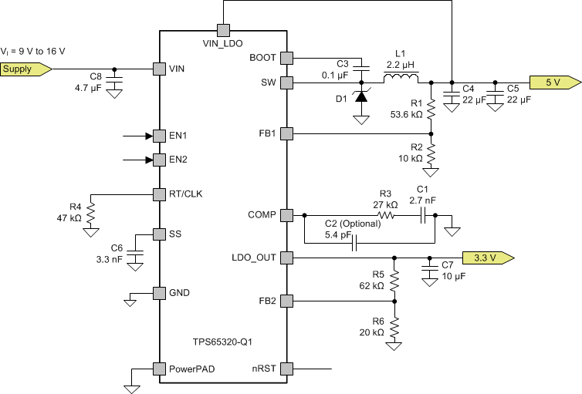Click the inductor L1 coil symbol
(x=401, y=78)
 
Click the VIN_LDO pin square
(x=223, y=30)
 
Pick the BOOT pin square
(x=287, y=57)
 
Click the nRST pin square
(x=287, y=369)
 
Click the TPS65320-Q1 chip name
(x=222, y=340)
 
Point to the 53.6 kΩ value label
(x=406, y=114)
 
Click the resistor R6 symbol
(x=395, y=326)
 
